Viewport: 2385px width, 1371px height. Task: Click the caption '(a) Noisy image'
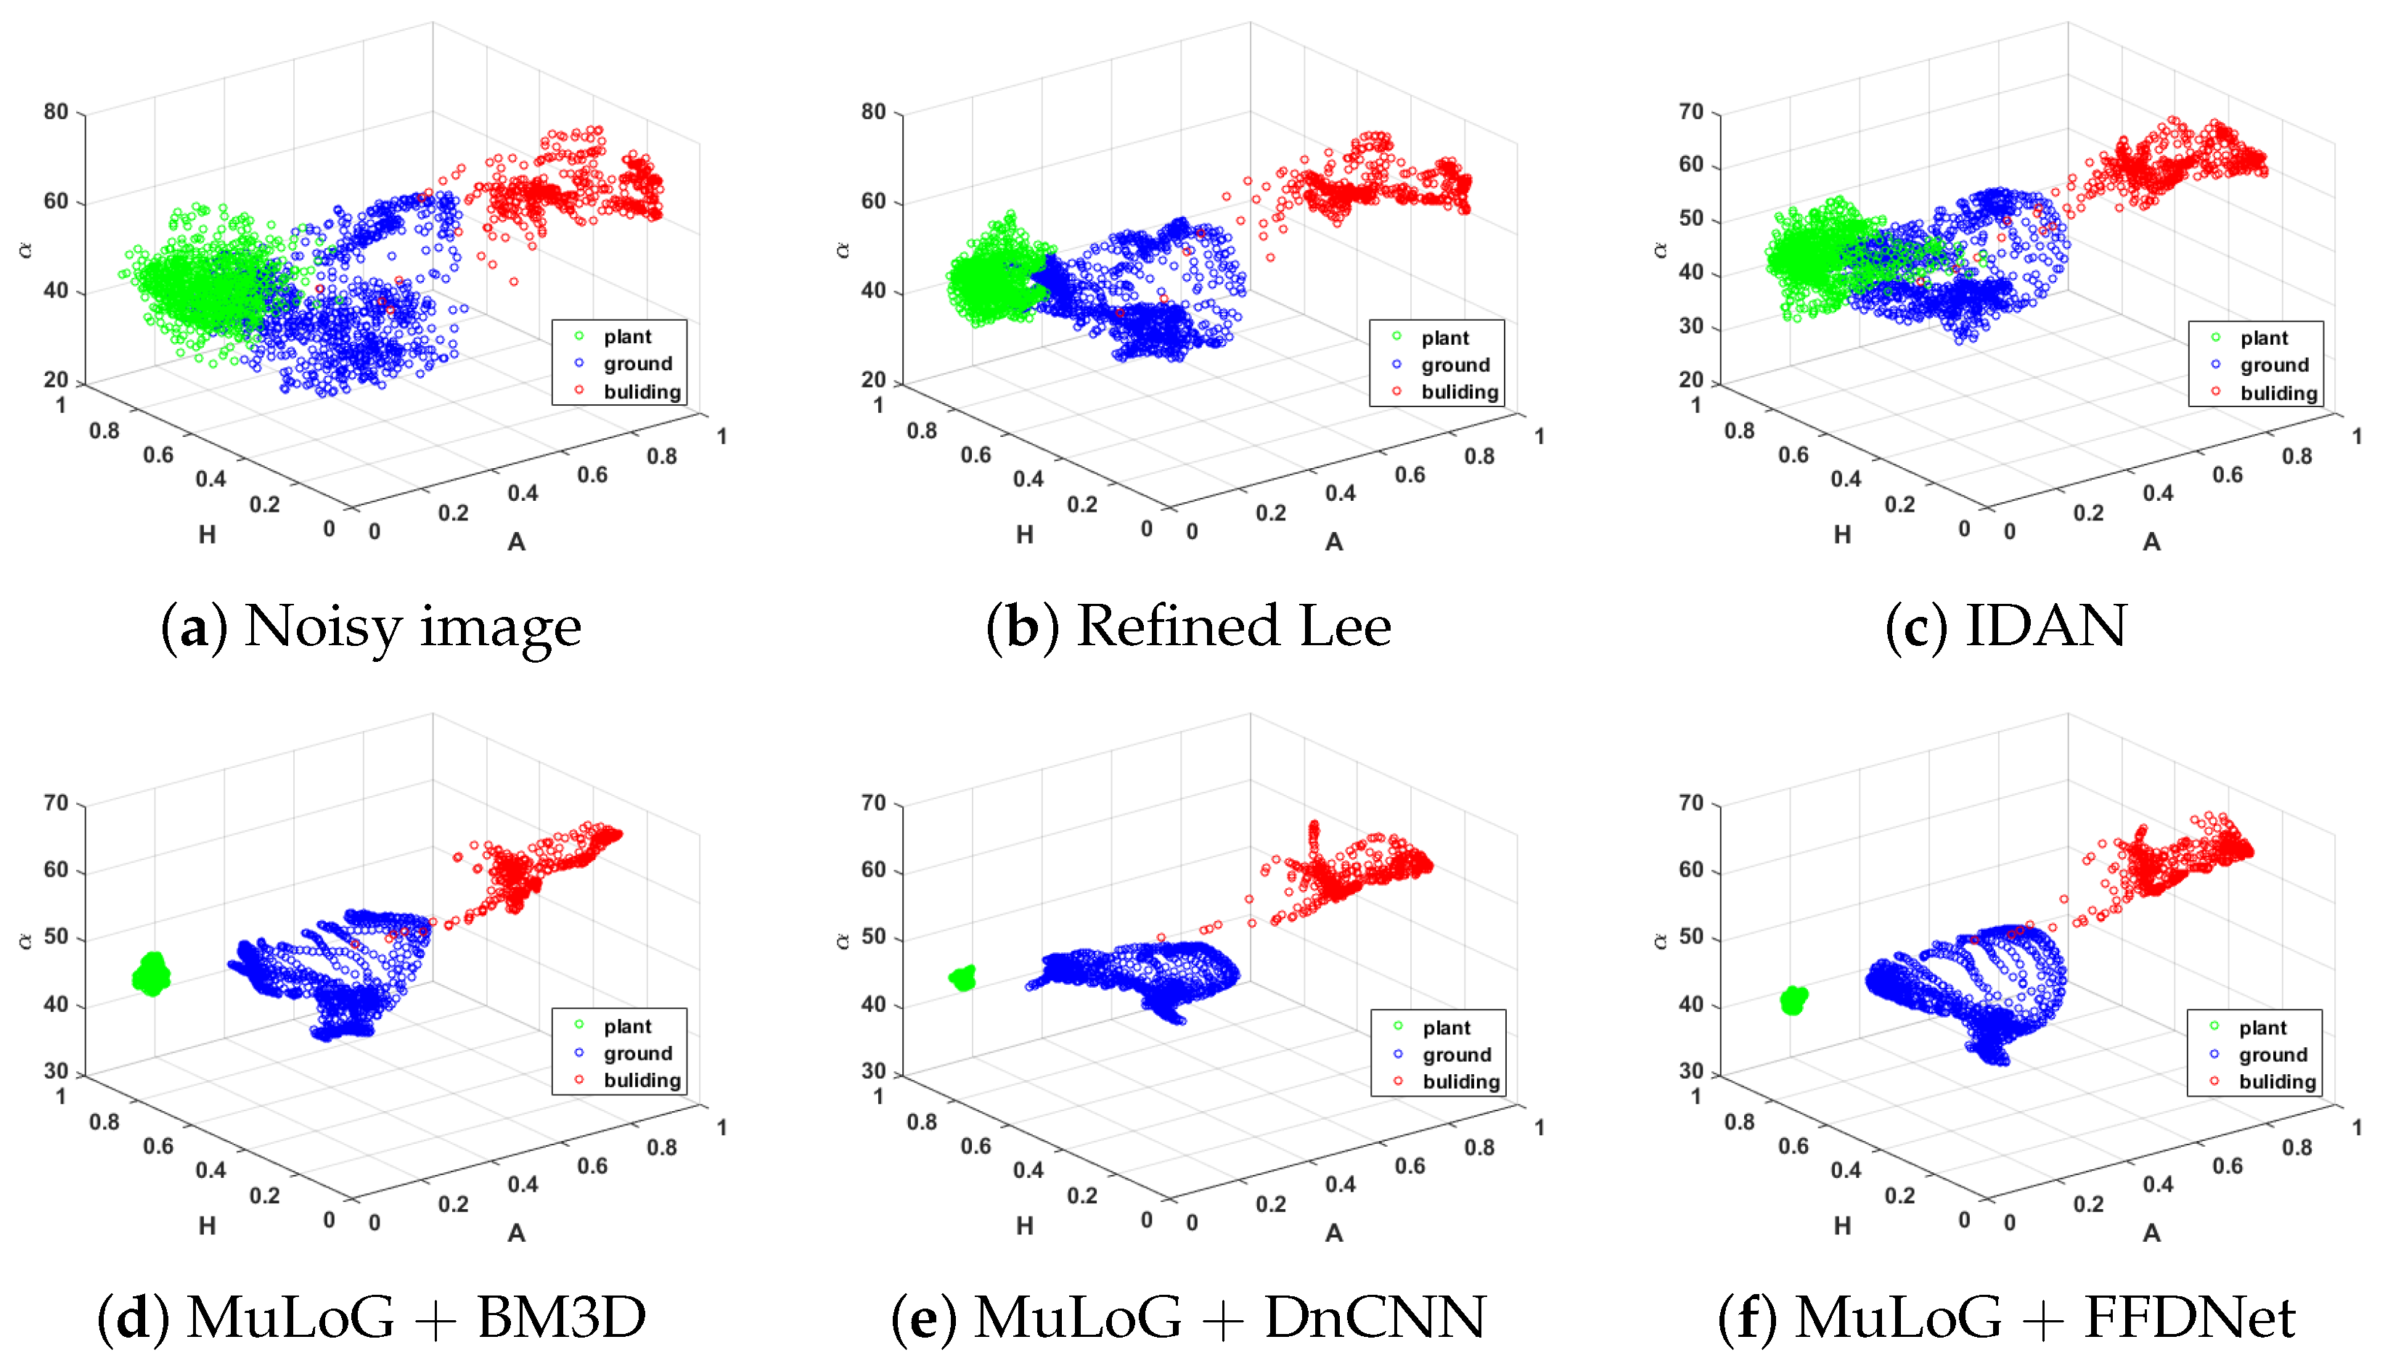372,626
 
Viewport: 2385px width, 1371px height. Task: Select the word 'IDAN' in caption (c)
2046,626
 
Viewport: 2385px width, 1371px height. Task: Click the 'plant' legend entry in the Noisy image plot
626,337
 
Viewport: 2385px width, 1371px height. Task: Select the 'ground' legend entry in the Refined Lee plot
1455,364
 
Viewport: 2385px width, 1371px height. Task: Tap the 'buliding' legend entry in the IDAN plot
2278,393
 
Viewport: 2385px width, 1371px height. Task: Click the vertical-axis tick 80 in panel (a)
57,112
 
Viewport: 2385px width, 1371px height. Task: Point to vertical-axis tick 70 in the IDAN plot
1691,112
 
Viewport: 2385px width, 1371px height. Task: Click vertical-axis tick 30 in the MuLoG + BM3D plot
57,1071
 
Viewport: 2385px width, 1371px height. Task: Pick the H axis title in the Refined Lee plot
1024,535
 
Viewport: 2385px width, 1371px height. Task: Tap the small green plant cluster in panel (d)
151,975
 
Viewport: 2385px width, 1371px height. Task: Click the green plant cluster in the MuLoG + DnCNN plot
962,978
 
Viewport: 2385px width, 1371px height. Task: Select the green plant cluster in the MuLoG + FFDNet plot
1793,1000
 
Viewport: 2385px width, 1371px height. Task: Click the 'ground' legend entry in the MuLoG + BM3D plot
637,1054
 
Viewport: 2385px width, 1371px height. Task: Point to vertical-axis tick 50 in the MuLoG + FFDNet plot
1691,937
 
